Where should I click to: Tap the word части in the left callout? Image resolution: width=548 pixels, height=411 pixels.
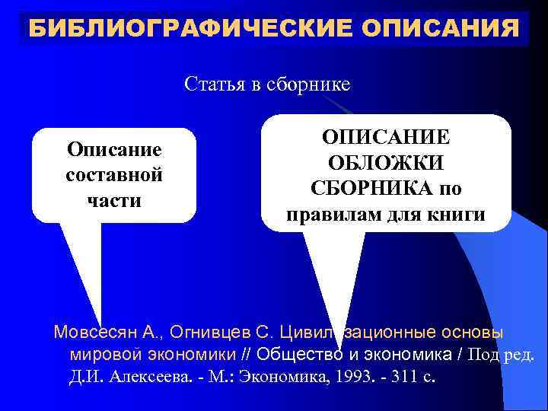(x=114, y=200)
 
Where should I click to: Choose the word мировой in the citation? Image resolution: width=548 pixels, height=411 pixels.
(x=97, y=354)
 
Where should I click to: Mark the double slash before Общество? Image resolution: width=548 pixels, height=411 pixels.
(x=244, y=354)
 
